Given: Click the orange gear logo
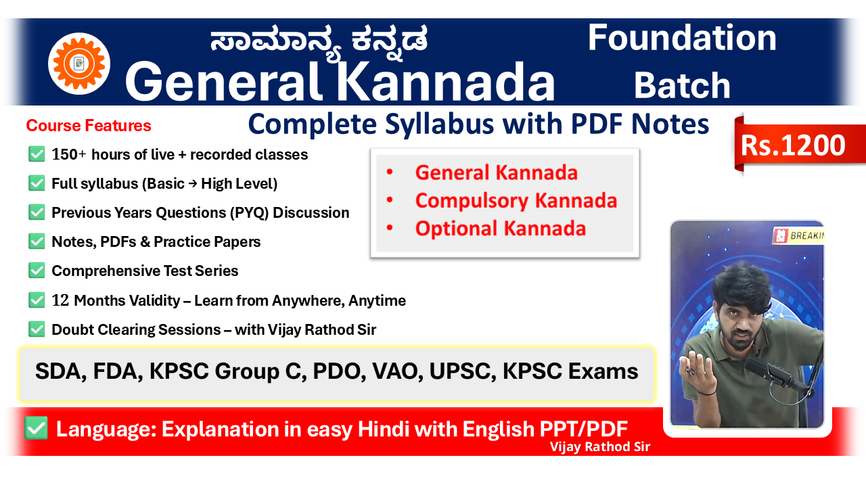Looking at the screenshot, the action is point(79,64).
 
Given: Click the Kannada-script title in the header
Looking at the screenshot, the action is point(319,43).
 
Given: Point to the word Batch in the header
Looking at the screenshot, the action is point(682,85).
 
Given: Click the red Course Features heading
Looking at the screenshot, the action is point(89,126).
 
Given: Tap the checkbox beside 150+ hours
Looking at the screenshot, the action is point(37,154).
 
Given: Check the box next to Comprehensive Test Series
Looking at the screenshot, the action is point(37,271).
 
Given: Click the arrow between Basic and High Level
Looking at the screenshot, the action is point(193,183).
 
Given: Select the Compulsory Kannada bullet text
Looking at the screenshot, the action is point(516,200).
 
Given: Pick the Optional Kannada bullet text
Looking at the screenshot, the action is point(501,228).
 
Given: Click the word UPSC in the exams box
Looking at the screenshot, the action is point(462,371).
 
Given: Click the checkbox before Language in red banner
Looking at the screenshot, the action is point(37,428).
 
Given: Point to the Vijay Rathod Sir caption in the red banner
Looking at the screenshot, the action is point(600,447).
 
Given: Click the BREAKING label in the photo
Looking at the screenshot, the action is point(806,235).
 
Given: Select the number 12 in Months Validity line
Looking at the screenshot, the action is point(60,300).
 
